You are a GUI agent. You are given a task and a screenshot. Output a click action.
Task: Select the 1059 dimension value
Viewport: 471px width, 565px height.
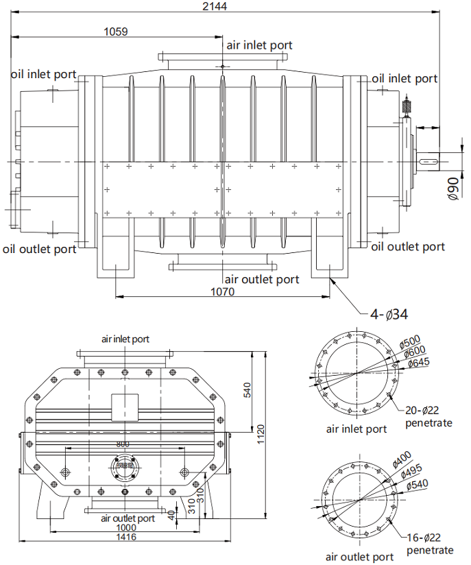(116, 31)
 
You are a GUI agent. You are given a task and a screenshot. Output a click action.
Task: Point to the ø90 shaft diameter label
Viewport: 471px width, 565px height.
(453, 188)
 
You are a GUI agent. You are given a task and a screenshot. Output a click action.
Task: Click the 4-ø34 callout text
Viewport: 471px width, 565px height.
(389, 315)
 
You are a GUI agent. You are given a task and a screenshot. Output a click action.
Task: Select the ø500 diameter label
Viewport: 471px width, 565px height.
(411, 341)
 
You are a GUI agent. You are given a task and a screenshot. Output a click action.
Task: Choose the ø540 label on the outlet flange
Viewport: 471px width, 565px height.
(420, 484)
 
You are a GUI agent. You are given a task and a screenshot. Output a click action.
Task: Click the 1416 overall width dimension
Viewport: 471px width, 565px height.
(126, 537)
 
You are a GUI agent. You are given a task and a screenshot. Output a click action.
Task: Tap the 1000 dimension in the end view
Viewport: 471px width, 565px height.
(126, 527)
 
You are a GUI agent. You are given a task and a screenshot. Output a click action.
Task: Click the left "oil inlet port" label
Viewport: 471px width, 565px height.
(43, 73)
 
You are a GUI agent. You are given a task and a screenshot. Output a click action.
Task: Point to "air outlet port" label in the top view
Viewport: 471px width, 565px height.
(262, 279)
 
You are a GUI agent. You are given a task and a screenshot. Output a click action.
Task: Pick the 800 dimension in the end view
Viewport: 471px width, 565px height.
(123, 444)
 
